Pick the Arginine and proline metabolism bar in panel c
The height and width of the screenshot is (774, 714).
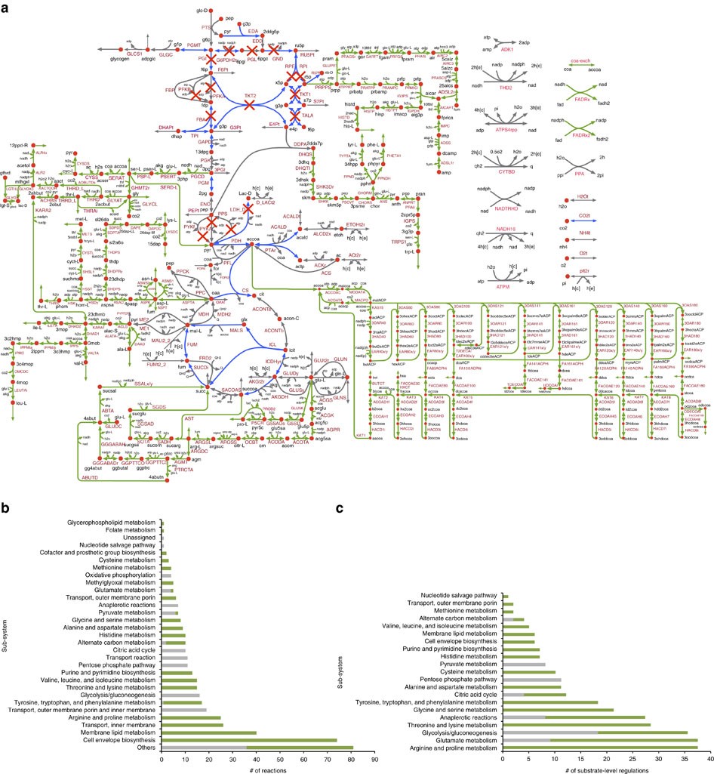point(604,748)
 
